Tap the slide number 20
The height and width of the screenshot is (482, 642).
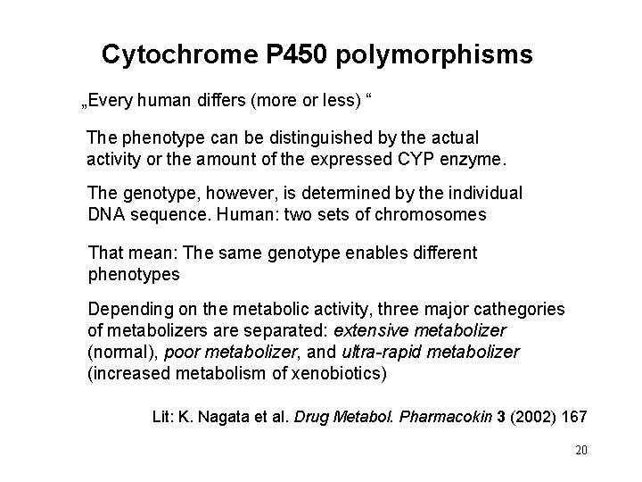pyautogui.click(x=580, y=451)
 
